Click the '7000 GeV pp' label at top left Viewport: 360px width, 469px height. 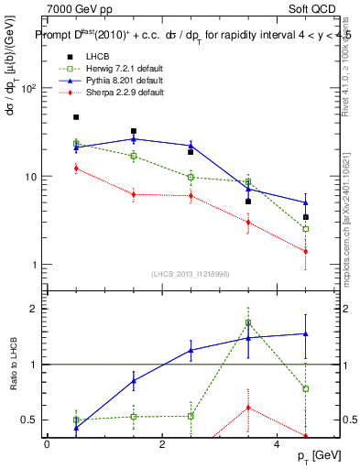pyautogui.click(x=75, y=9)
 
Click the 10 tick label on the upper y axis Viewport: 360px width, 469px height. pyautogui.click(x=31, y=177)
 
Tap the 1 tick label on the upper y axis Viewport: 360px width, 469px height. pyautogui.click(x=34, y=265)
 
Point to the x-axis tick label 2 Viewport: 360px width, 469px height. pyautogui.click(x=162, y=445)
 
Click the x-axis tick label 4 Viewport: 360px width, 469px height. pyautogui.click(x=278, y=445)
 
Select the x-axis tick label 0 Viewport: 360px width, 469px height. pyautogui.click(x=47, y=445)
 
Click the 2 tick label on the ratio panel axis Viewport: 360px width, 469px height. pyautogui.click(x=34, y=309)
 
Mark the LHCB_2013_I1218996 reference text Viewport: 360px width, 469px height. pyautogui.click(x=191, y=276)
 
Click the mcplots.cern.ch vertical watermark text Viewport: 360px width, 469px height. pyautogui.click(x=345, y=211)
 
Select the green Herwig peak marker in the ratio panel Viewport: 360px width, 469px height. pyautogui.click(x=248, y=322)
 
